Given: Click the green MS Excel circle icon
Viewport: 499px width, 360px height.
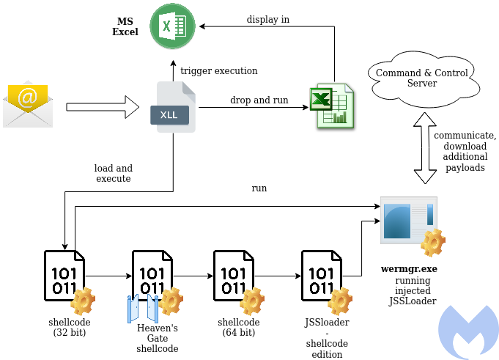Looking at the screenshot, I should click(172, 27).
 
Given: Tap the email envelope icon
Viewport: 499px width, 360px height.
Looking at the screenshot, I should click(28, 106).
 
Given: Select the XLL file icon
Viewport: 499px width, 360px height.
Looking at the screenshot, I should click(176, 108).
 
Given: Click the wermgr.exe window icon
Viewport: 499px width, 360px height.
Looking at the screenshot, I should click(408, 221).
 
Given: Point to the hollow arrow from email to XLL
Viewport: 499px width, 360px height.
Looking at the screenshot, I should click(103, 107).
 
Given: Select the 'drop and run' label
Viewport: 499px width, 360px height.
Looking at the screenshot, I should click(259, 100).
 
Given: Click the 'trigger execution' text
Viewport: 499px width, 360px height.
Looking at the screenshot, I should click(218, 71).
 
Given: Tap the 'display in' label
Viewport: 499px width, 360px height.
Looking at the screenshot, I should click(267, 19).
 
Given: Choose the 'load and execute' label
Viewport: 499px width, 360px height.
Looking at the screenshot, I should click(112, 173).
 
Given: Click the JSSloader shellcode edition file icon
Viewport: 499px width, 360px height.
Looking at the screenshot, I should click(322, 274).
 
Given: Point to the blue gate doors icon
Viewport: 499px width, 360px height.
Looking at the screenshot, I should click(143, 309).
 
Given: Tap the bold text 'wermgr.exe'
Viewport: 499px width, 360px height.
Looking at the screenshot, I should click(409, 269).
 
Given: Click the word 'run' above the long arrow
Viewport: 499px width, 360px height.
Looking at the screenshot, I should click(259, 188).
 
